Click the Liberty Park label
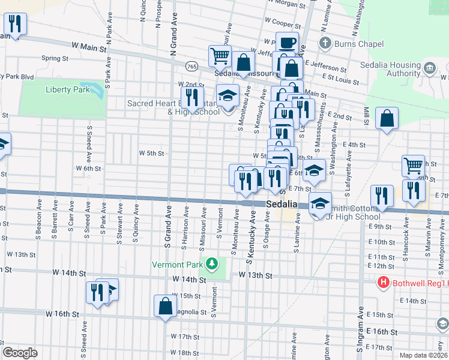pos(67,89)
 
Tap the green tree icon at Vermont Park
pos(211,263)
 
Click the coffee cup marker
pos(287,43)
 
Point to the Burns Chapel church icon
pos(325,43)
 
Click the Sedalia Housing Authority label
pos(390,70)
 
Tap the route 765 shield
pos(191,65)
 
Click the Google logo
pos(20,353)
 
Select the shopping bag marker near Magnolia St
pos(165,306)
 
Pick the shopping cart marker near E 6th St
pos(413,166)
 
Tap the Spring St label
pos(55,58)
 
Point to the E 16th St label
pos(381,331)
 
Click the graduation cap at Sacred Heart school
pos(228,95)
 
